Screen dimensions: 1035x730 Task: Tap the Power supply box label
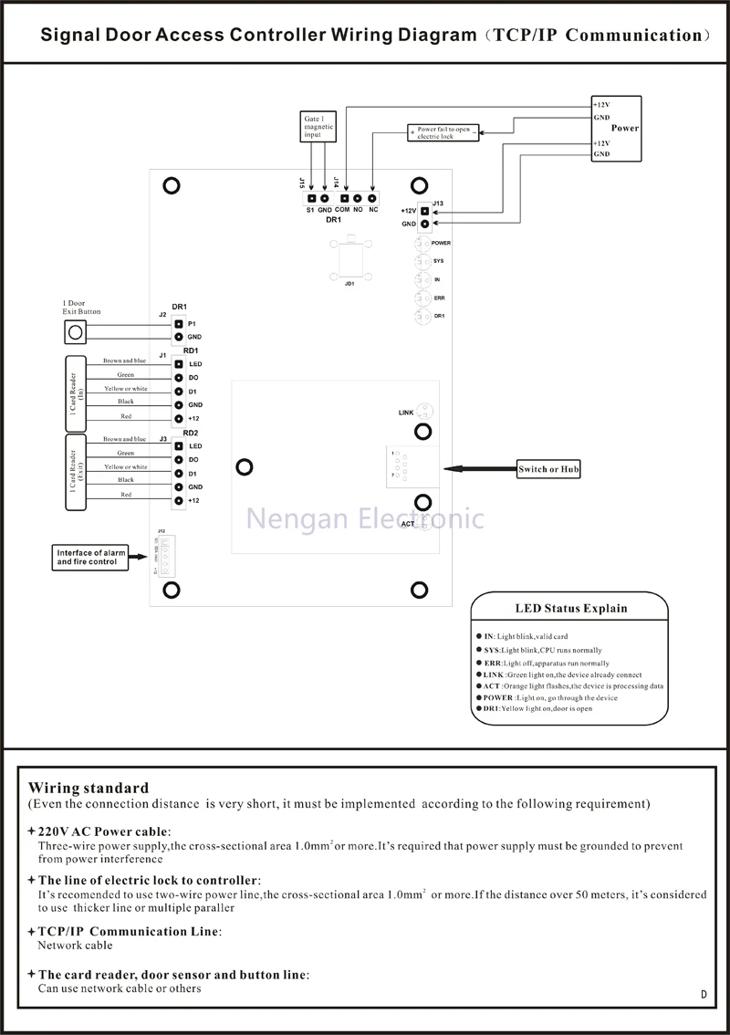pyautogui.click(x=625, y=128)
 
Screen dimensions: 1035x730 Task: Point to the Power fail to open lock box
pyautogui.click(x=443, y=132)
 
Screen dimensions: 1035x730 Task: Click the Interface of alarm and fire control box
pyautogui.click(x=89, y=557)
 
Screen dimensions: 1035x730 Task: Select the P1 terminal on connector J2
pyautogui.click(x=179, y=324)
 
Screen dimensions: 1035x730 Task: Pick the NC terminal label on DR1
pyautogui.click(x=373, y=210)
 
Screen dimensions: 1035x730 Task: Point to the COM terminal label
pyautogui.click(x=342, y=210)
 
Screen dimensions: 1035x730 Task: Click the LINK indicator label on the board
pyautogui.click(x=407, y=413)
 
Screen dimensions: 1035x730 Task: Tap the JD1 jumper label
pyautogui.click(x=349, y=283)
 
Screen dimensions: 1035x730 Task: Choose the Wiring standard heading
pyautogui.click(x=89, y=788)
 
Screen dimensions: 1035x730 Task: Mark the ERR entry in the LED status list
pyautogui.click(x=493, y=663)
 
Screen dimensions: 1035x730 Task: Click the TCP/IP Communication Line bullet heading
pyautogui.click(x=129, y=932)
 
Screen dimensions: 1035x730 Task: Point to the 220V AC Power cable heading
pyautogui.click(x=103, y=831)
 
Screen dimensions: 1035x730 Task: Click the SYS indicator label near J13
pyautogui.click(x=438, y=262)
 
